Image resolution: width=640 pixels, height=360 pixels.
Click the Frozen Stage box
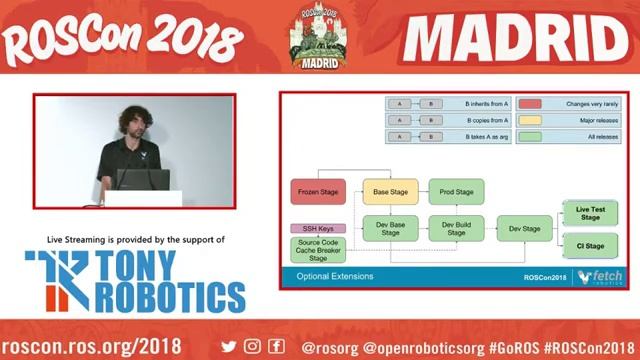click(x=317, y=192)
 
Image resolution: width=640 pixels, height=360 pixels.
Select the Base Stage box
click(x=390, y=192)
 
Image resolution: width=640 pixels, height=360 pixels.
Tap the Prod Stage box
click(x=456, y=192)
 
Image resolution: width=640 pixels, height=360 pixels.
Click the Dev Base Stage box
click(x=390, y=228)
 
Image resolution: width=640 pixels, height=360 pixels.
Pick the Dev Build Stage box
click(x=456, y=228)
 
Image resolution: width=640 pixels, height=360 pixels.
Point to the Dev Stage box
click(x=524, y=228)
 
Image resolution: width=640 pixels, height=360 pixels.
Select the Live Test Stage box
click(x=590, y=212)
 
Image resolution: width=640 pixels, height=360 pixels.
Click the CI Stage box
click(x=590, y=245)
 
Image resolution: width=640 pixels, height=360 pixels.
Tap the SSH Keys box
click(x=317, y=228)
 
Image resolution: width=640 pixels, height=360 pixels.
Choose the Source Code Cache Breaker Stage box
click(x=317, y=250)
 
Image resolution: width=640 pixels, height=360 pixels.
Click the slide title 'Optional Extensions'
click(x=335, y=276)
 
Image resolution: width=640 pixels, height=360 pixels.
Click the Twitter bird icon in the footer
click(x=229, y=346)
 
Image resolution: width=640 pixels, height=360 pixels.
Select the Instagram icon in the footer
click(x=252, y=346)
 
